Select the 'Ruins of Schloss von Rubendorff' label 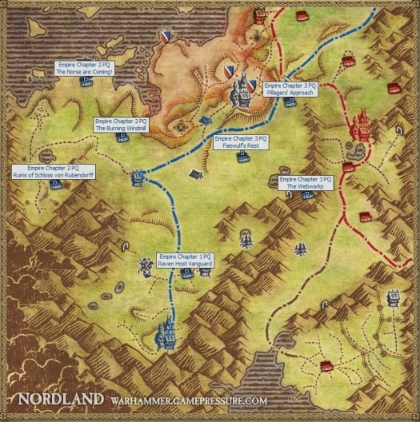54,171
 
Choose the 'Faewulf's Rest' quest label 242,142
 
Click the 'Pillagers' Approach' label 290,89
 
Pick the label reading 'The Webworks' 305,183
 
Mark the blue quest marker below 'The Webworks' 301,250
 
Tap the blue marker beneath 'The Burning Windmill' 122,137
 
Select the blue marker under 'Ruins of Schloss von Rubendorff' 55,185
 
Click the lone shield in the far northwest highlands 166,36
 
